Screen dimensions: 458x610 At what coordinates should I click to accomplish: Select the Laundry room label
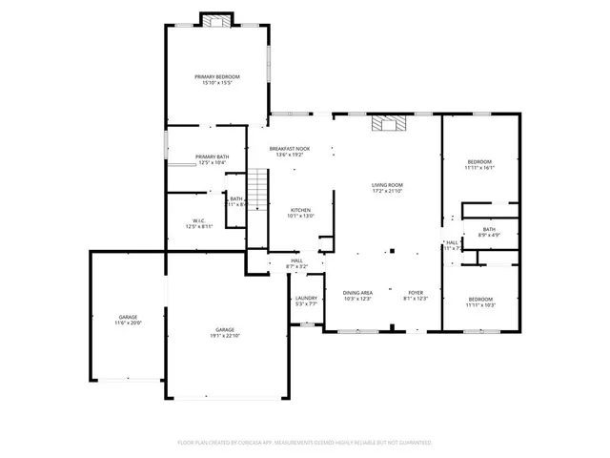(x=306, y=301)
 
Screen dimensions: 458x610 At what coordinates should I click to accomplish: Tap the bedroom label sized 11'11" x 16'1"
(x=479, y=165)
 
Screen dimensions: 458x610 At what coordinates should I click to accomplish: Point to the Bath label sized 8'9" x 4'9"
(x=489, y=232)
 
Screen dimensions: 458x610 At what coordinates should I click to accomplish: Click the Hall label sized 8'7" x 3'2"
(x=296, y=263)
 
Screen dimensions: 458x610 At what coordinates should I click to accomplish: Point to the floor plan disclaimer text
(x=304, y=443)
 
